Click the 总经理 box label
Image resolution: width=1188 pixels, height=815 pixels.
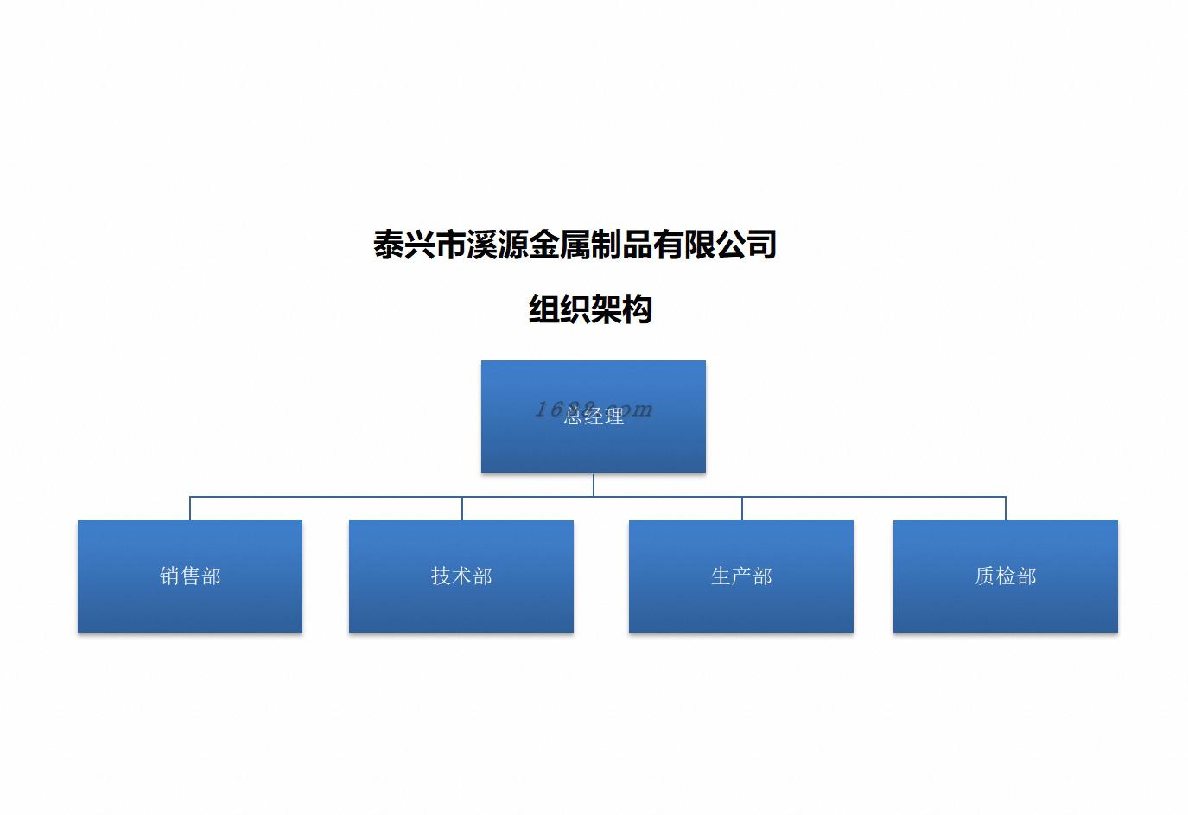(x=594, y=417)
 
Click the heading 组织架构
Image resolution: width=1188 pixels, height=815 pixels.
(x=590, y=309)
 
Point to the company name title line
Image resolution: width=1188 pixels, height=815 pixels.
(x=575, y=245)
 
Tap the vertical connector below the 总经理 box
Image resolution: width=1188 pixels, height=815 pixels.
(x=594, y=485)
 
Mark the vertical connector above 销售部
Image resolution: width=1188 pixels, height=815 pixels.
(x=190, y=508)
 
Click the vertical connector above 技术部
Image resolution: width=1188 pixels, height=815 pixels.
(x=462, y=508)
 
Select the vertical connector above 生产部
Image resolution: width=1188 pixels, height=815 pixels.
(x=742, y=508)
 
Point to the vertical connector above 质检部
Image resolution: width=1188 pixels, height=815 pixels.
(x=1006, y=508)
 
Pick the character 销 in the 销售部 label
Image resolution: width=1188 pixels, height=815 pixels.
(x=169, y=576)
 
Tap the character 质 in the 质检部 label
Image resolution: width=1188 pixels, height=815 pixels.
(x=985, y=576)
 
